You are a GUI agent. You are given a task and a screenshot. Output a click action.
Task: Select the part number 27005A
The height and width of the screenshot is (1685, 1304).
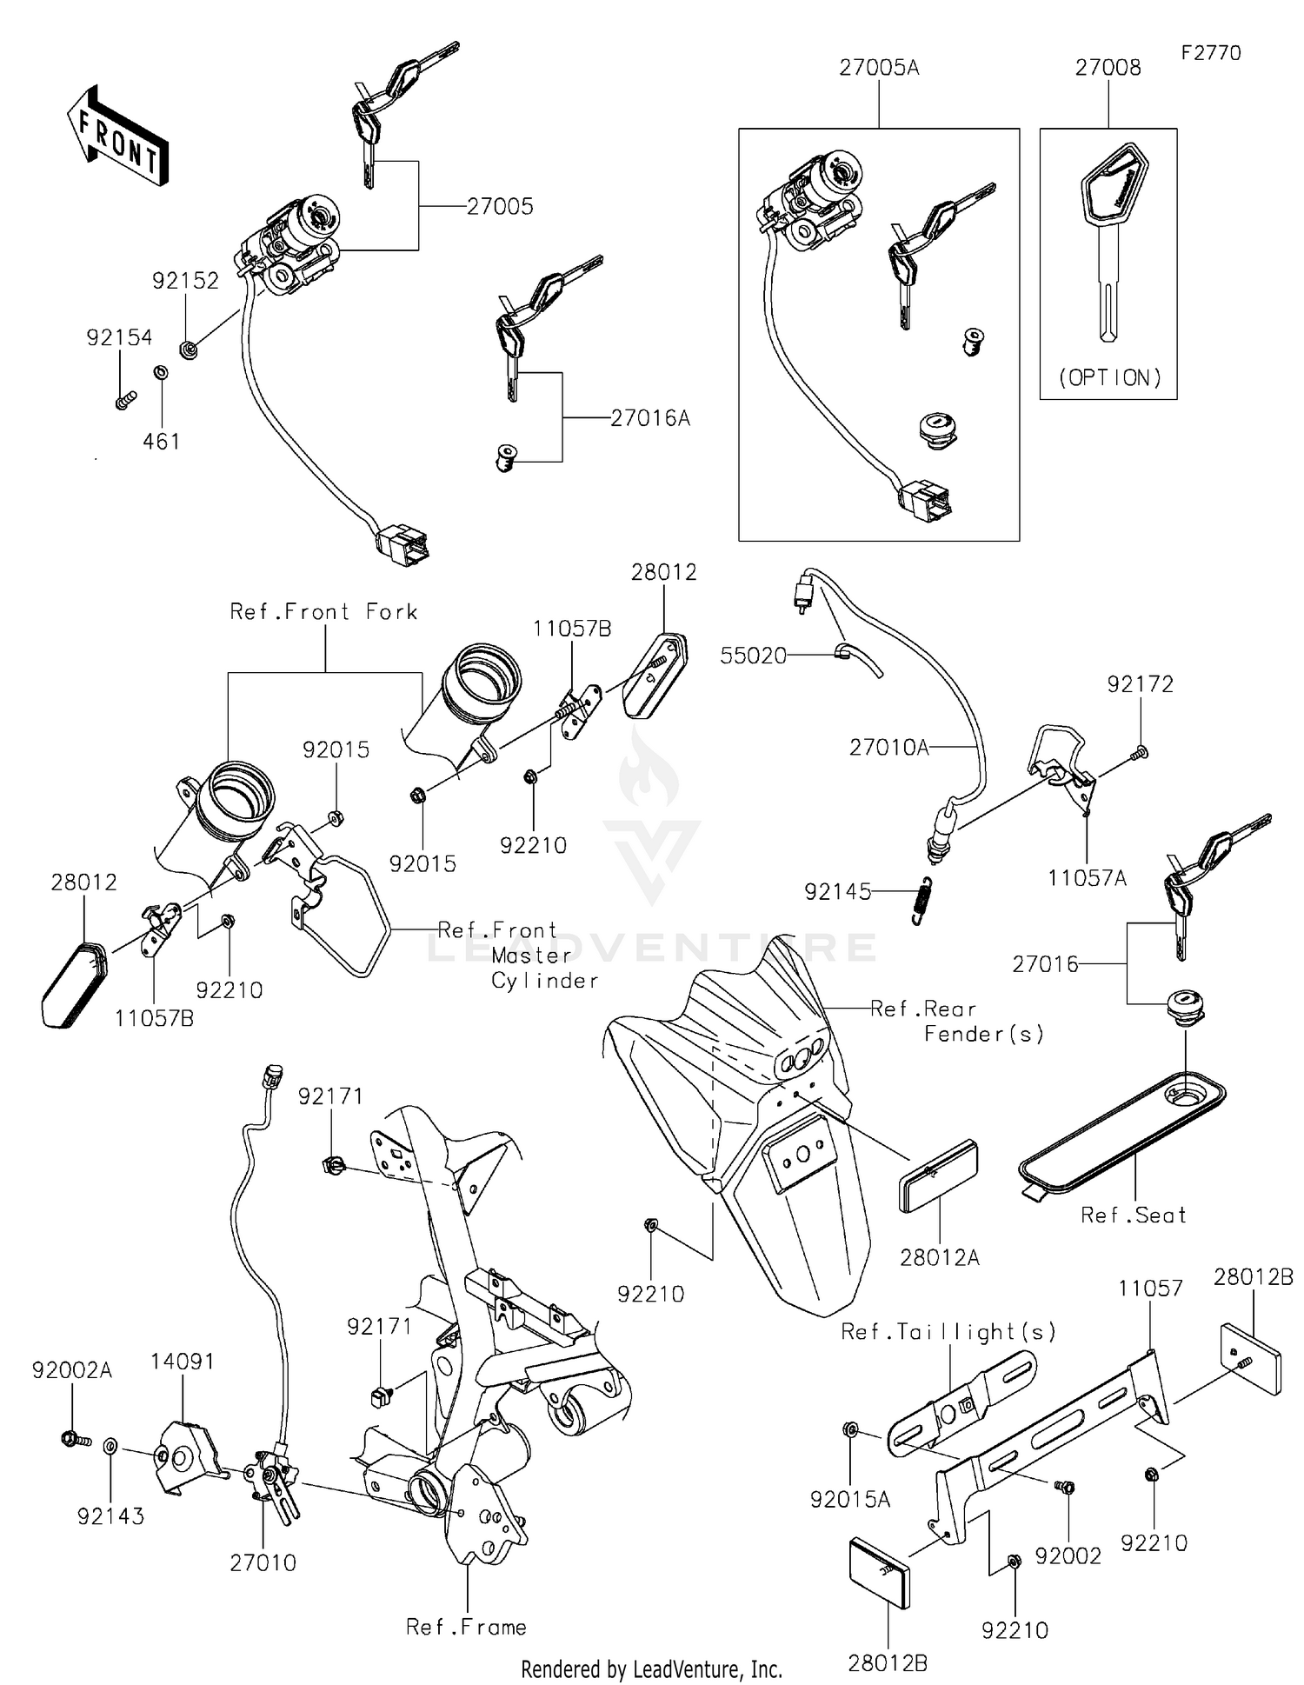pyautogui.click(x=878, y=68)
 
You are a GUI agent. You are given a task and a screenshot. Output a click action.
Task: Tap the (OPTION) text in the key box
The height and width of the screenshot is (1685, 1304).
pyautogui.click(x=1109, y=377)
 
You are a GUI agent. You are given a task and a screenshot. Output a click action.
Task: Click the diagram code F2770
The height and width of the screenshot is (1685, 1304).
pyautogui.click(x=1210, y=53)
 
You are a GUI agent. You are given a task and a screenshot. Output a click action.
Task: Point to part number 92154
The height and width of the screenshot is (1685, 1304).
pyautogui.click(x=119, y=337)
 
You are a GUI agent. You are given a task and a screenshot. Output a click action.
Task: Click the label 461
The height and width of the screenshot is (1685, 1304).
pyautogui.click(x=162, y=442)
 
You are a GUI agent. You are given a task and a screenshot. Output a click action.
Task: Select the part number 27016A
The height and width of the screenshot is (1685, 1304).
pyautogui.click(x=649, y=418)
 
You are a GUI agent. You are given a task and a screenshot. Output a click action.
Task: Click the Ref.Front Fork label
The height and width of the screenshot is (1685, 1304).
pyautogui.click(x=323, y=612)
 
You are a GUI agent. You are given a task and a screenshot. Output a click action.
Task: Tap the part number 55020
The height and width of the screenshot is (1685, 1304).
pyautogui.click(x=753, y=656)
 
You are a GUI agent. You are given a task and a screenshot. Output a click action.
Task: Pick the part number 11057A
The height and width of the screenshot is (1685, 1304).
pyautogui.click(x=1087, y=878)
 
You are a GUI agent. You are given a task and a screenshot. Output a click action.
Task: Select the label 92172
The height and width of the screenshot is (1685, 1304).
pyautogui.click(x=1140, y=684)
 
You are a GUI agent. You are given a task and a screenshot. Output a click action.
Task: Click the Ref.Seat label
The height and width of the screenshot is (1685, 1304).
pyautogui.click(x=1133, y=1215)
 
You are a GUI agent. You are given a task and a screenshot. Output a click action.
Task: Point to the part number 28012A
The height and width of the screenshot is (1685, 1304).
pyautogui.click(x=939, y=1257)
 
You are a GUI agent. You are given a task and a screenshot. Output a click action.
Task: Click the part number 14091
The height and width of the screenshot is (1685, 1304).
pyautogui.click(x=183, y=1362)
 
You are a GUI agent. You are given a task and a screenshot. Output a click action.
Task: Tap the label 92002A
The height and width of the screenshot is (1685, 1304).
pyautogui.click(x=72, y=1370)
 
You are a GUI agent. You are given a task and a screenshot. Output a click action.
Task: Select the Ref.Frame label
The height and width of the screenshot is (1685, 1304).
pyautogui.click(x=466, y=1627)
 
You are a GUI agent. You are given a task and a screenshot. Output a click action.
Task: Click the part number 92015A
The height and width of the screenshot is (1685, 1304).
pyautogui.click(x=849, y=1499)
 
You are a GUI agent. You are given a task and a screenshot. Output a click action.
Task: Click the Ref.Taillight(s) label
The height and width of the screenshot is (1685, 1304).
pyautogui.click(x=948, y=1332)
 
